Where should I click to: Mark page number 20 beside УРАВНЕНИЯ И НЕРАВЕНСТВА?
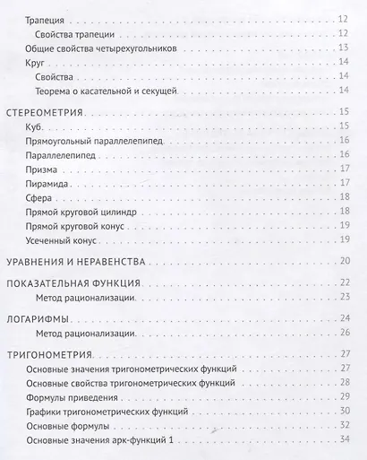click(346, 261)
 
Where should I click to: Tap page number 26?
click(346, 333)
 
